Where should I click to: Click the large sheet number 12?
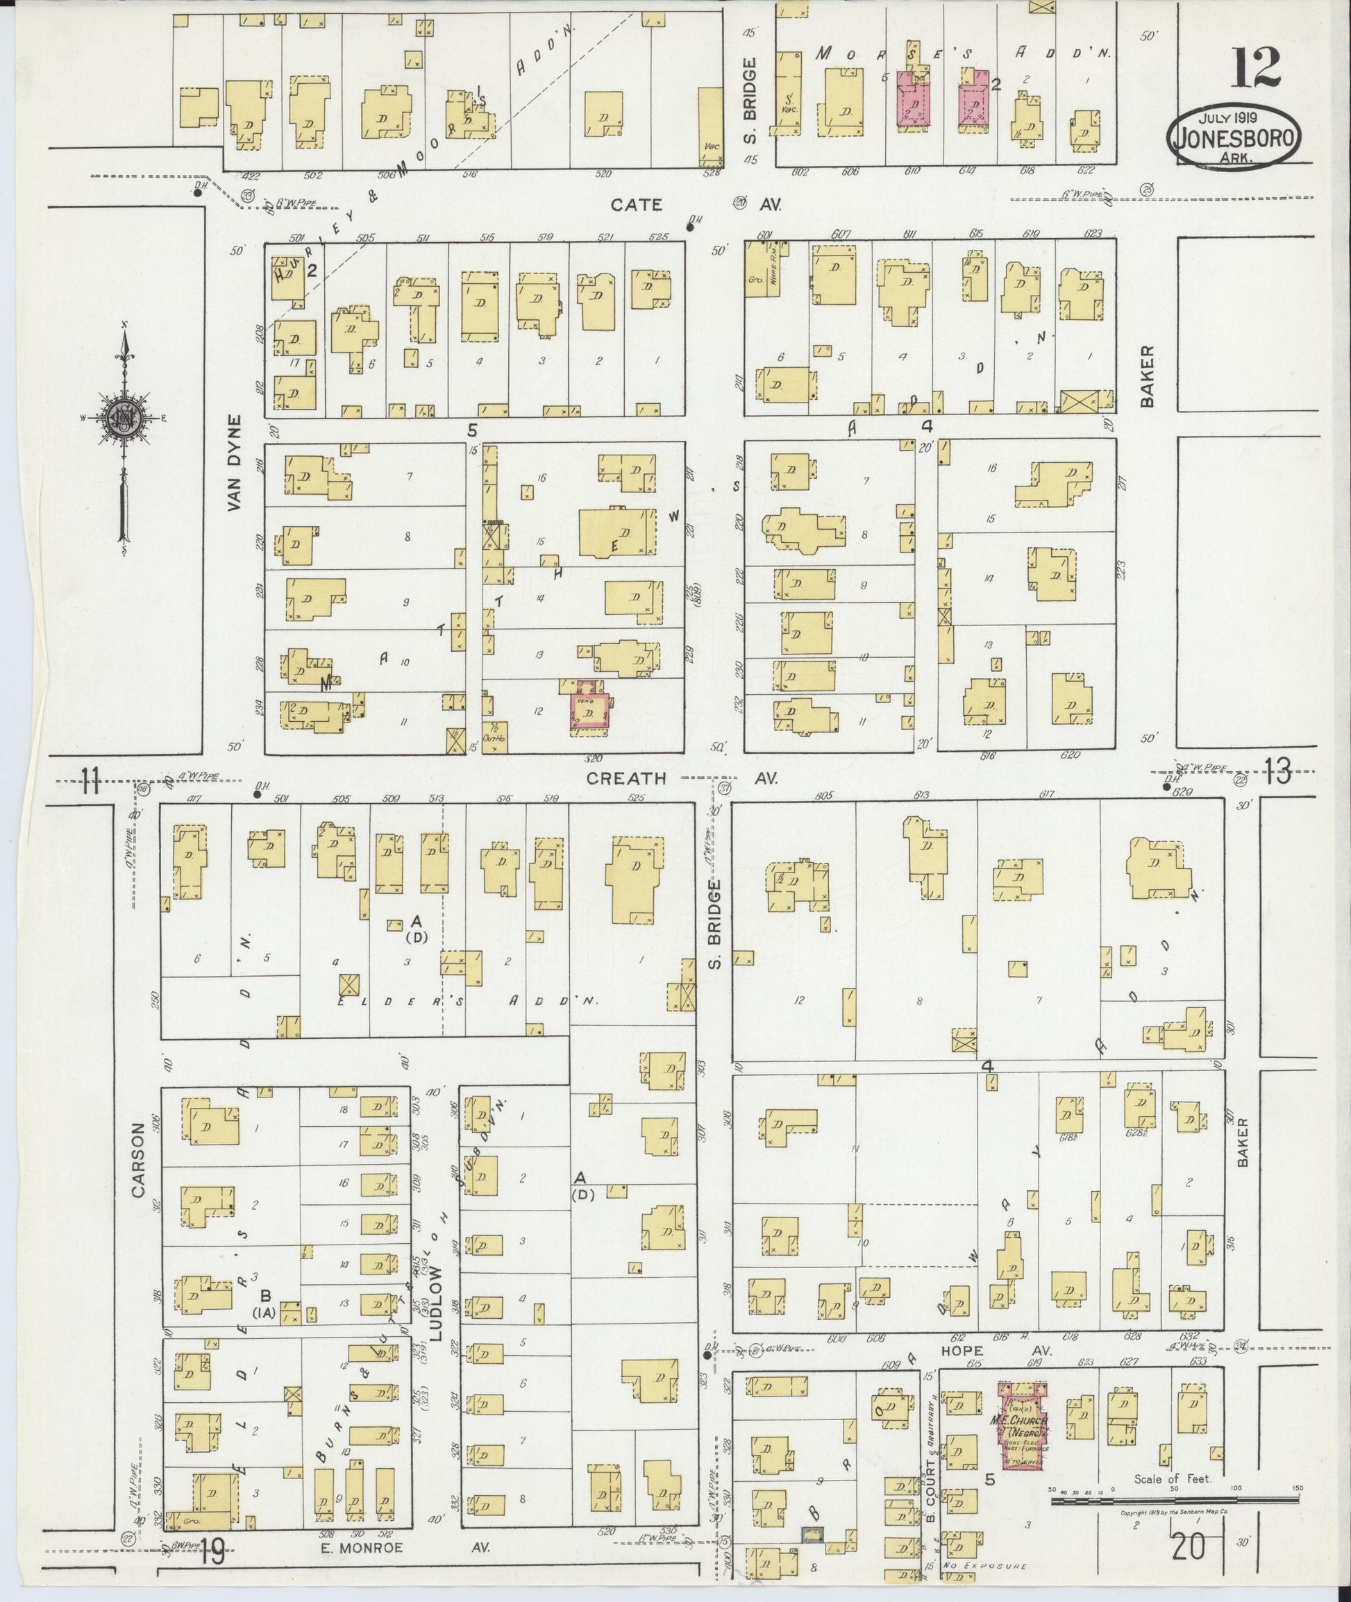(1256, 67)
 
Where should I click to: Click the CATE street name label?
(636, 205)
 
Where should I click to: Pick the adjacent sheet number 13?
(1277, 772)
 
